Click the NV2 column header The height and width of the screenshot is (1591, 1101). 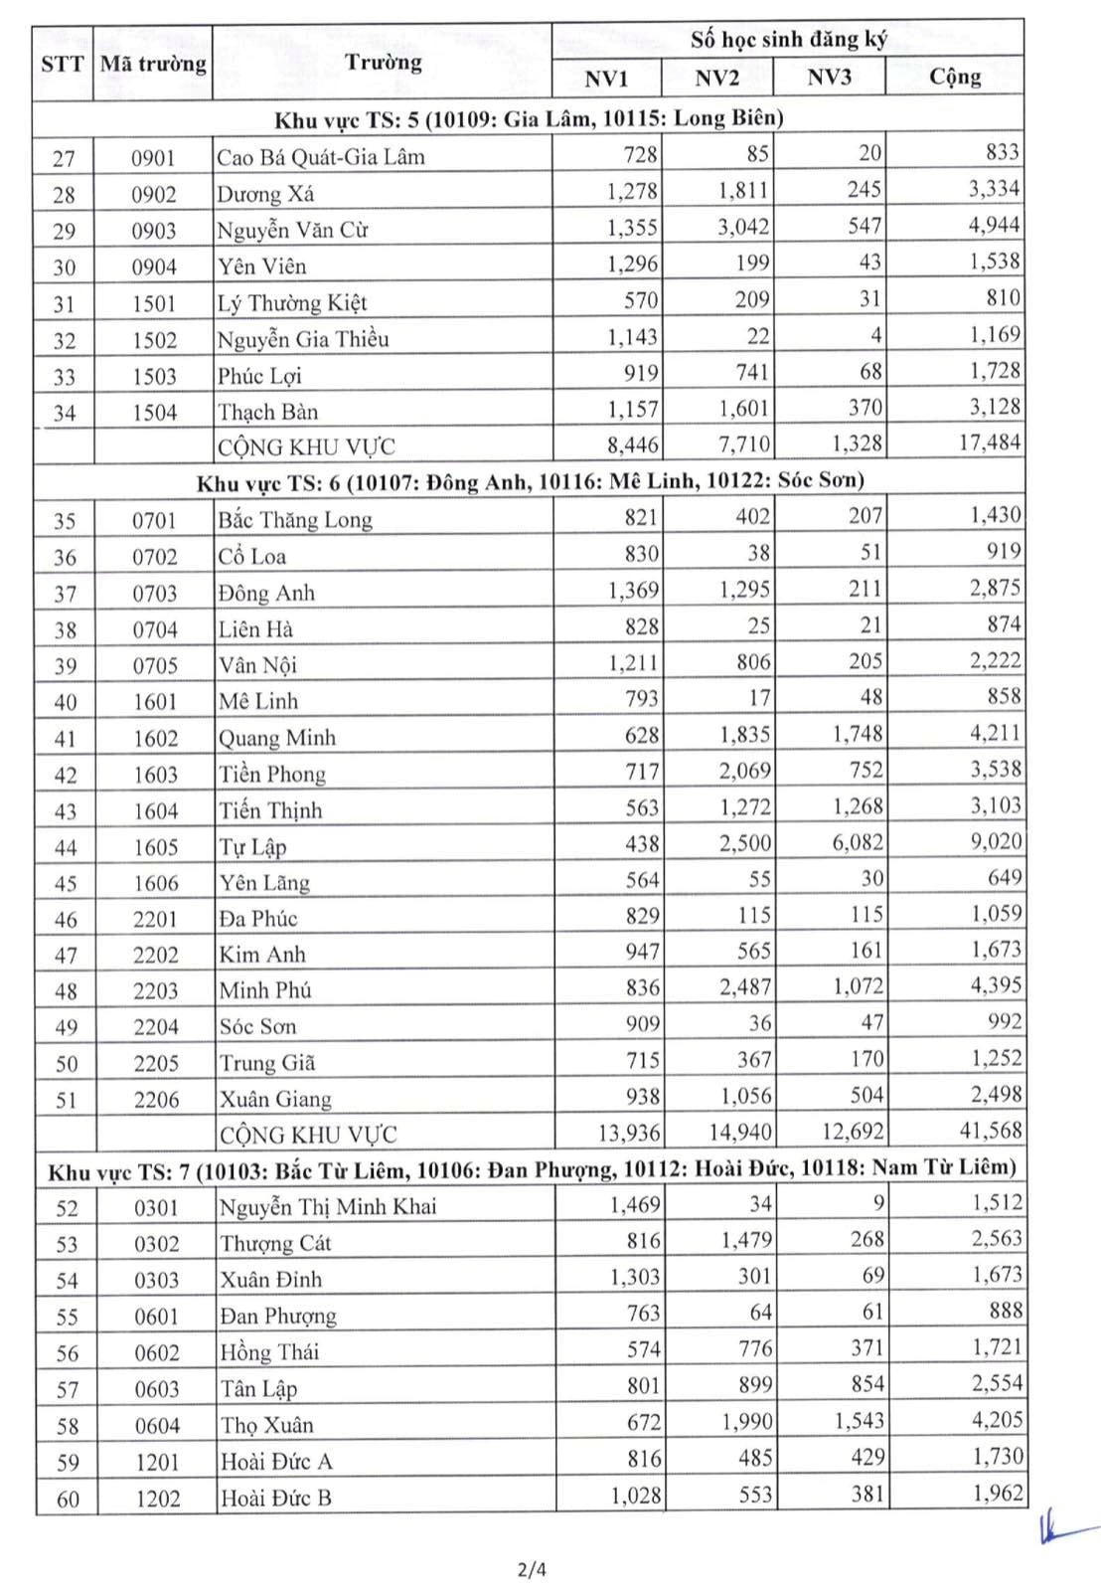tap(716, 79)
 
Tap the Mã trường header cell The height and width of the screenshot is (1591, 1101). tap(153, 64)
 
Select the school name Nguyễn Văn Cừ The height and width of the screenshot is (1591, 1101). tap(292, 230)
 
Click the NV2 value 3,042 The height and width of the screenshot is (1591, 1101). tap(744, 227)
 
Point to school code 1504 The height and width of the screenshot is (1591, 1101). tap(154, 413)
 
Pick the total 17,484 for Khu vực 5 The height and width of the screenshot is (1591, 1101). tap(989, 442)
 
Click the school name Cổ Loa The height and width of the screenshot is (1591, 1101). tap(252, 556)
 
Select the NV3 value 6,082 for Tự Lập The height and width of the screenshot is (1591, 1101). tap(858, 843)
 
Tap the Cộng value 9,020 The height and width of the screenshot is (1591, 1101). tap(995, 842)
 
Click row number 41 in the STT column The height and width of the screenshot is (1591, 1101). tap(66, 739)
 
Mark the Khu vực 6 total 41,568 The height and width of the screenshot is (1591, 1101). tap(989, 1131)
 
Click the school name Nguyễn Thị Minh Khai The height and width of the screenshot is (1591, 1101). tap(328, 1207)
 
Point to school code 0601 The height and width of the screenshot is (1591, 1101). tap(157, 1317)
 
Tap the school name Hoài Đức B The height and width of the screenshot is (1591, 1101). tap(276, 1498)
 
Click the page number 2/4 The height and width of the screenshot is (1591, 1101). tap(533, 1570)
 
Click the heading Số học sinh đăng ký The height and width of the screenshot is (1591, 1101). tap(788, 40)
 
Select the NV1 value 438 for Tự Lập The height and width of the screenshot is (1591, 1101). tap(642, 844)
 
